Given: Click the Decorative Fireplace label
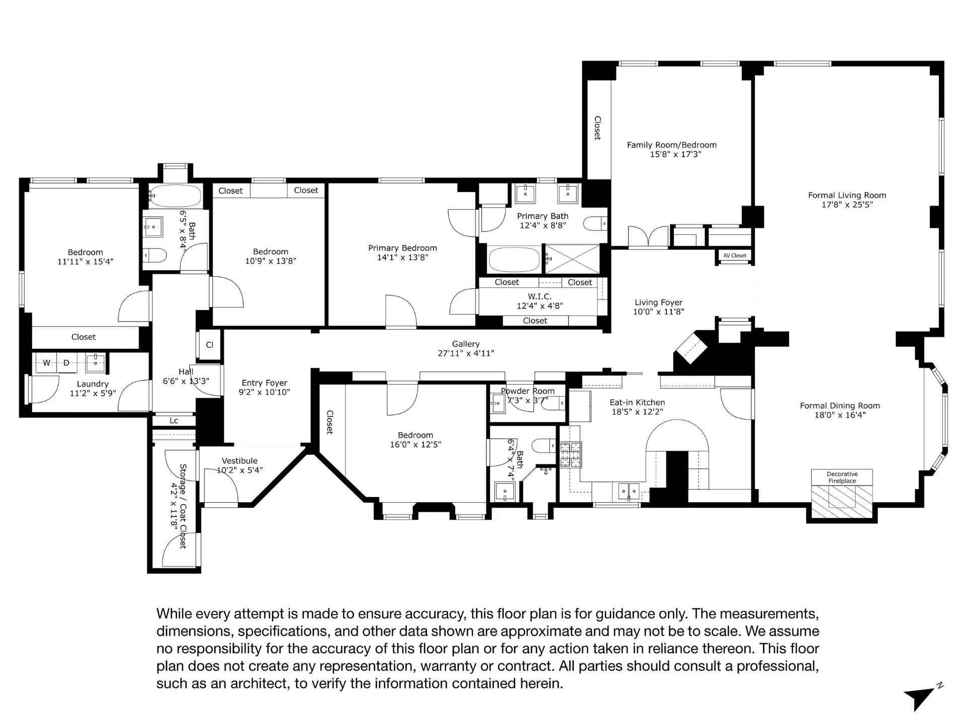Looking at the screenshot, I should click(x=842, y=477).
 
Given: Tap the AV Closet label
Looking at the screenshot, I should click(x=734, y=256).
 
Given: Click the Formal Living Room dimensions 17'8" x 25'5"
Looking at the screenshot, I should click(x=847, y=205).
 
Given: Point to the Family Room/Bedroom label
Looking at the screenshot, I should click(x=671, y=145).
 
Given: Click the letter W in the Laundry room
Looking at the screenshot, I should click(x=46, y=362).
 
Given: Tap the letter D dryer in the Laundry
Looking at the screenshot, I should click(x=66, y=362).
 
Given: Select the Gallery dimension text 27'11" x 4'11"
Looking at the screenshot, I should click(x=465, y=353).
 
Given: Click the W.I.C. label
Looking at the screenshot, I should click(x=539, y=296).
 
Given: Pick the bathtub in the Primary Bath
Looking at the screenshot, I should click(x=514, y=259).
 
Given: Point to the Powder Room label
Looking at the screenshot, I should click(x=527, y=391).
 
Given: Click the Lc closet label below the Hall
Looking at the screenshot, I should click(x=174, y=420).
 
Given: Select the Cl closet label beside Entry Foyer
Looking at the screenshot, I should click(x=210, y=345).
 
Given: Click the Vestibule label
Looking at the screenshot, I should click(x=239, y=461).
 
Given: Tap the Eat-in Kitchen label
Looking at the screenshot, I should click(x=637, y=402).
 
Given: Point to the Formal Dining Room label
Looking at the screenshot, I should click(x=840, y=405).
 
